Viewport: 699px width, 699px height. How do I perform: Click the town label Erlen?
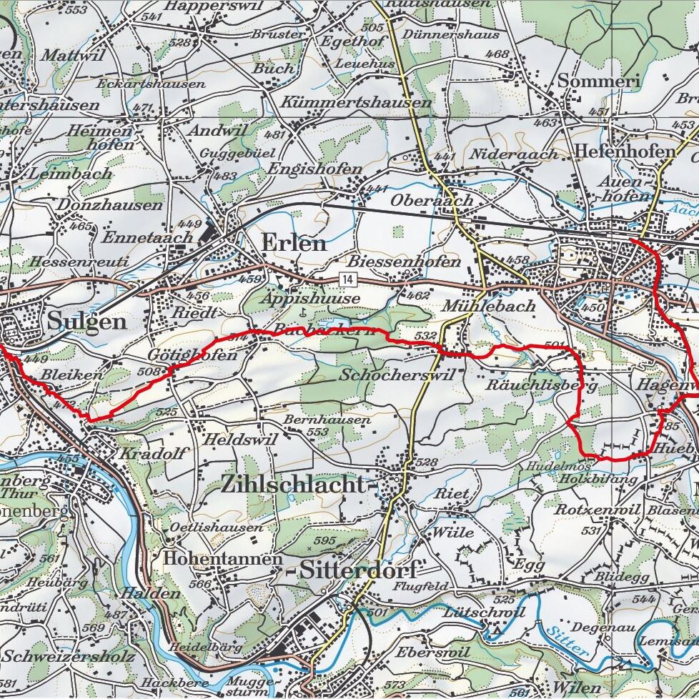click(294, 243)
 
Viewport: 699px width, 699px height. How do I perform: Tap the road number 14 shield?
click(347, 277)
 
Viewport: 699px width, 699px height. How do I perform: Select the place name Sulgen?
click(86, 321)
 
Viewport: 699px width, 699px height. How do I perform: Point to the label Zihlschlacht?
click(292, 484)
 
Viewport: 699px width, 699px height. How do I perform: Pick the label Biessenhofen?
click(404, 262)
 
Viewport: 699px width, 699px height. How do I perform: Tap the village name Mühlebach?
click(489, 306)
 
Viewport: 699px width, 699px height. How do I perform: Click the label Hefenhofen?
click(625, 152)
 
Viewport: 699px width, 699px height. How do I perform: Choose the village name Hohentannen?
click(223, 558)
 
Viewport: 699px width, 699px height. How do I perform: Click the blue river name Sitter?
click(565, 640)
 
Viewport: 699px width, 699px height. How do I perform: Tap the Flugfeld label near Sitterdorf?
click(421, 586)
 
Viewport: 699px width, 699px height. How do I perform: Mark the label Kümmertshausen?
click(357, 102)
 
